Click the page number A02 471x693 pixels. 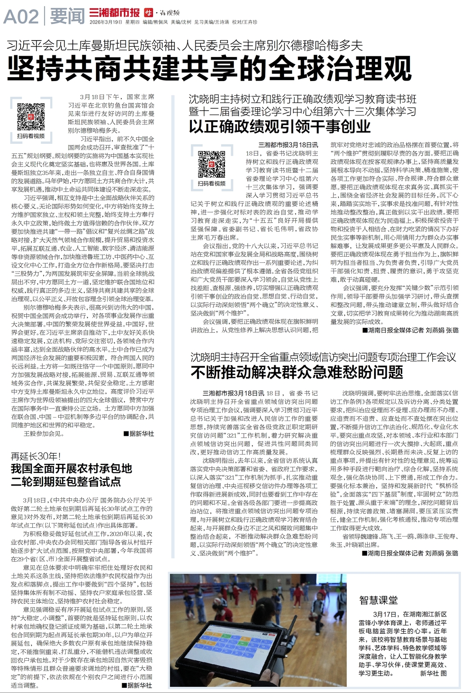pyautogui.click(x=21, y=17)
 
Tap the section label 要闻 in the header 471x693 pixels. pyautogui.click(x=67, y=17)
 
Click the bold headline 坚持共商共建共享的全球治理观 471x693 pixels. pyautogui.click(x=209, y=68)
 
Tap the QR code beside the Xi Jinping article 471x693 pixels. pyautogui.click(x=31, y=116)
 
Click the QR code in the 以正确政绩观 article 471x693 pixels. pyautogui.click(x=212, y=164)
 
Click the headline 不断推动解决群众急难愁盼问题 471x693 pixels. pyautogui.click(x=297, y=372)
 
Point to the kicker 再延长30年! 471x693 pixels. pyautogui.click(x=36, y=456)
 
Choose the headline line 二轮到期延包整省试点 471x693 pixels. pyautogui.click(x=66, y=482)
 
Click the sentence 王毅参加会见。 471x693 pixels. pyautogui.click(x=44, y=433)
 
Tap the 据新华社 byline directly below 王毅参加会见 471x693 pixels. pyautogui.click(x=139, y=433)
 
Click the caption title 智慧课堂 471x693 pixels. pyautogui.click(x=378, y=600)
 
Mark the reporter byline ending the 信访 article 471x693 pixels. pyautogui.click(x=410, y=553)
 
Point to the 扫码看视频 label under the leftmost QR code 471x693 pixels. pyautogui.click(x=31, y=136)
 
